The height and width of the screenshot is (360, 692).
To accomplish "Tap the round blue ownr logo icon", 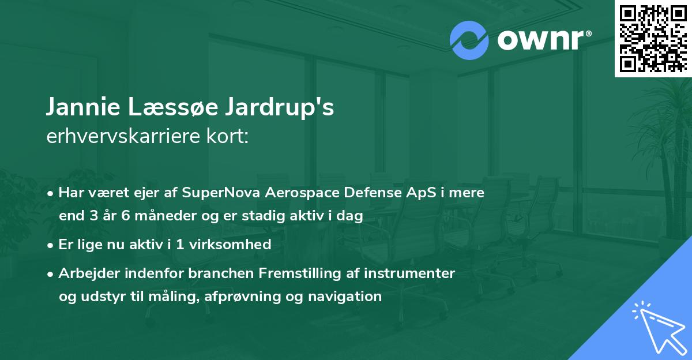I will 469,40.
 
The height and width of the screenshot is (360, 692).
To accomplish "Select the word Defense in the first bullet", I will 371,193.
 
